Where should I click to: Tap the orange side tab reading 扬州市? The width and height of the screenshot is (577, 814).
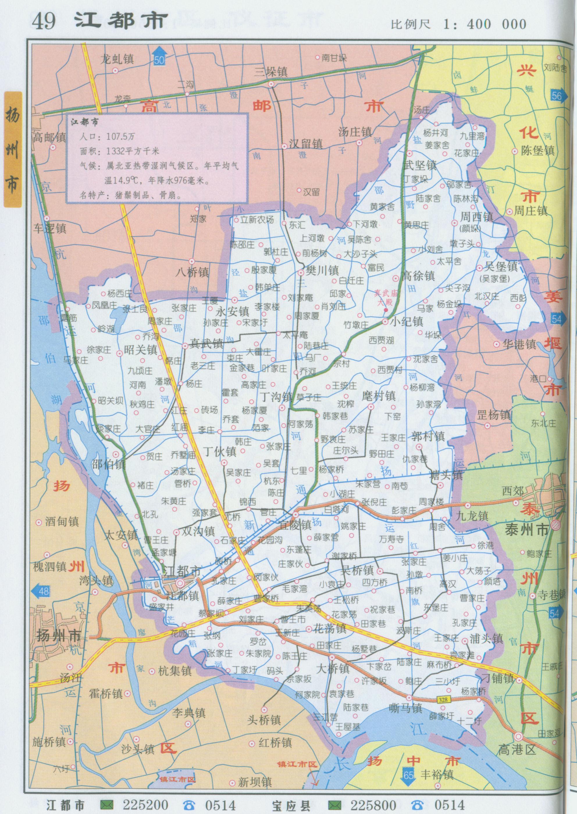13,149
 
